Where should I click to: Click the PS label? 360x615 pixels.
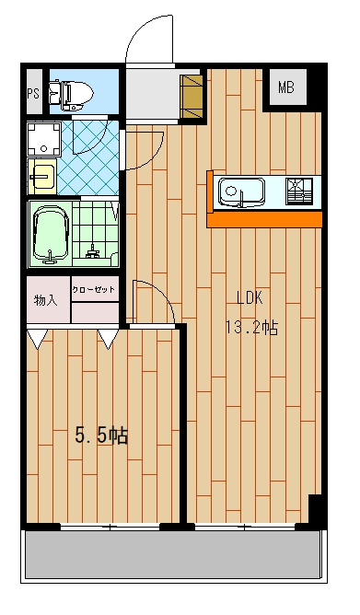pyautogui.click(x=33, y=94)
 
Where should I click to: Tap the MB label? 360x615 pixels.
pyautogui.click(x=286, y=87)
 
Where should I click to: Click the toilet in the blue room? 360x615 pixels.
pyautogui.click(x=71, y=95)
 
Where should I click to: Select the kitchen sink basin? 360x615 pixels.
pyautogui.click(x=241, y=191)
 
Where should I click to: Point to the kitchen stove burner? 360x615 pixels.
pyautogui.click(x=299, y=191)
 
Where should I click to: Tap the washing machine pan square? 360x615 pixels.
pyautogui.click(x=43, y=138)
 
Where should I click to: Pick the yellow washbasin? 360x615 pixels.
pyautogui.click(x=42, y=176)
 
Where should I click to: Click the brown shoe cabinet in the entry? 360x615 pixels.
pyautogui.click(x=191, y=97)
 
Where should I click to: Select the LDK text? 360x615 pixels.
pyautogui.click(x=250, y=298)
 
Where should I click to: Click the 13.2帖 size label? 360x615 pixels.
pyautogui.click(x=251, y=327)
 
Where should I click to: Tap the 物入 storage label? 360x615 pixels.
pyautogui.click(x=46, y=300)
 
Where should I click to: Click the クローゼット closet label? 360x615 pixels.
pyautogui.click(x=94, y=289)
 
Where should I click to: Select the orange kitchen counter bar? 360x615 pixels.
pyautogui.click(x=264, y=219)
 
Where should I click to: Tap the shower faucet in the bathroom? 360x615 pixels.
pyautogui.click(x=93, y=251)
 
